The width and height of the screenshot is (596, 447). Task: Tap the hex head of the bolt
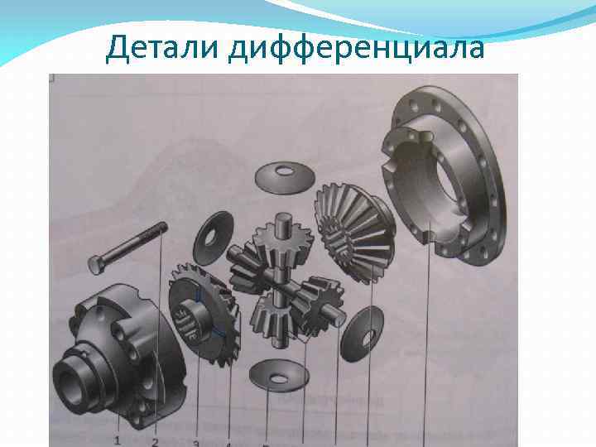[x=96, y=265]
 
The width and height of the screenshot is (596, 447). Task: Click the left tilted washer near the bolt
[x=213, y=238]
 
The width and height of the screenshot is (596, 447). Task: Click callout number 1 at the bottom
[x=118, y=440]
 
